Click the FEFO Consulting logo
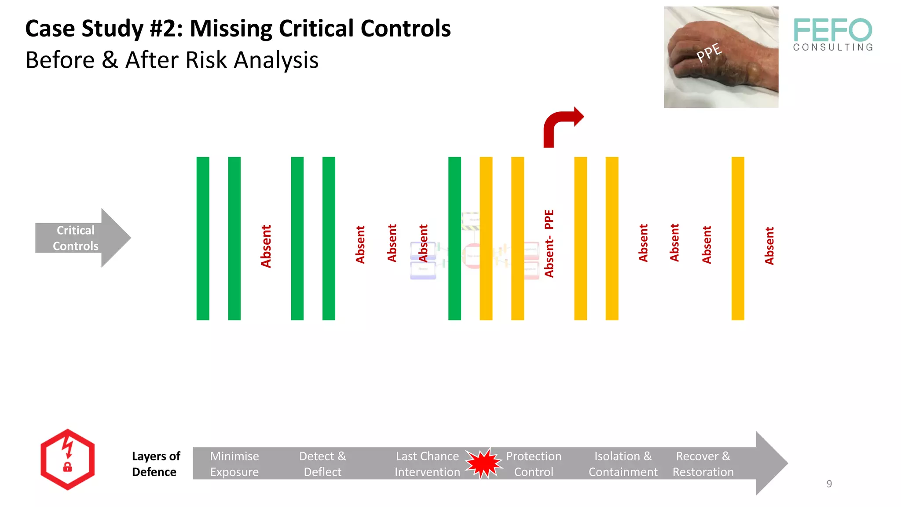click(x=833, y=34)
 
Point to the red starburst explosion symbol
click(x=483, y=463)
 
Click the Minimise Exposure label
click(x=234, y=464)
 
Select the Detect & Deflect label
click(x=322, y=464)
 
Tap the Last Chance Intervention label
click(x=427, y=464)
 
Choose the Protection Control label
click(x=533, y=464)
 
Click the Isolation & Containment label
click(x=623, y=464)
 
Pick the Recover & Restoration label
click(x=703, y=464)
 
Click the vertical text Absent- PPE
click(x=549, y=243)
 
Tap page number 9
click(x=829, y=484)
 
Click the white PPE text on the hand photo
click(x=709, y=52)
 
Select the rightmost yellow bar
click(x=738, y=238)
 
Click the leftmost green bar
click(x=203, y=238)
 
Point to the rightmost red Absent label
click(x=769, y=246)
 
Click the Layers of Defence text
click(x=156, y=464)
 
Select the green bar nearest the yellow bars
click(x=454, y=238)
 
